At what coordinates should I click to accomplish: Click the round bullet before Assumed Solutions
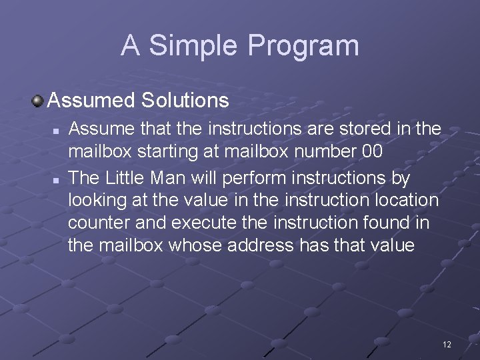(x=38, y=101)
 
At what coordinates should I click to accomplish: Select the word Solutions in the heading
(x=185, y=101)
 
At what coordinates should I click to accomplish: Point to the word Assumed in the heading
(x=91, y=101)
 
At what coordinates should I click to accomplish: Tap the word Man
(x=178, y=178)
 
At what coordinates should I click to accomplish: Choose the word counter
(x=101, y=223)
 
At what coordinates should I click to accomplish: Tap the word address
(x=261, y=245)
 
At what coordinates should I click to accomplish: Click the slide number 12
(x=447, y=344)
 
